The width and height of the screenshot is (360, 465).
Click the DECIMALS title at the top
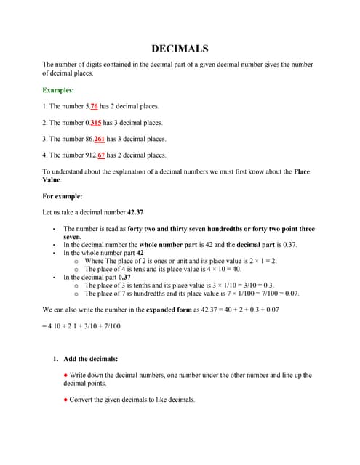coord(180,49)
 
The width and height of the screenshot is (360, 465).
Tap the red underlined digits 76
coord(95,106)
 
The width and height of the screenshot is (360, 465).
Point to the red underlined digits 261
coord(100,139)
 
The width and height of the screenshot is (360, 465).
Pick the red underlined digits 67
coord(101,155)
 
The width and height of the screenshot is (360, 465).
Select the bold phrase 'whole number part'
coord(169,245)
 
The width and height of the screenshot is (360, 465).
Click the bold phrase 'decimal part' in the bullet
coord(255,245)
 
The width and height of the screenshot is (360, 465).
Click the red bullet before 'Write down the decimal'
coord(65,375)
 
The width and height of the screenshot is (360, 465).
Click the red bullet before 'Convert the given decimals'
coord(65,399)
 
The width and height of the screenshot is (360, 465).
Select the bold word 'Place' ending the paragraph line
coord(303,171)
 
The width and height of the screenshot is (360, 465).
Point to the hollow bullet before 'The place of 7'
coord(76,294)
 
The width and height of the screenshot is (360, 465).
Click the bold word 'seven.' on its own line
coord(72,237)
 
